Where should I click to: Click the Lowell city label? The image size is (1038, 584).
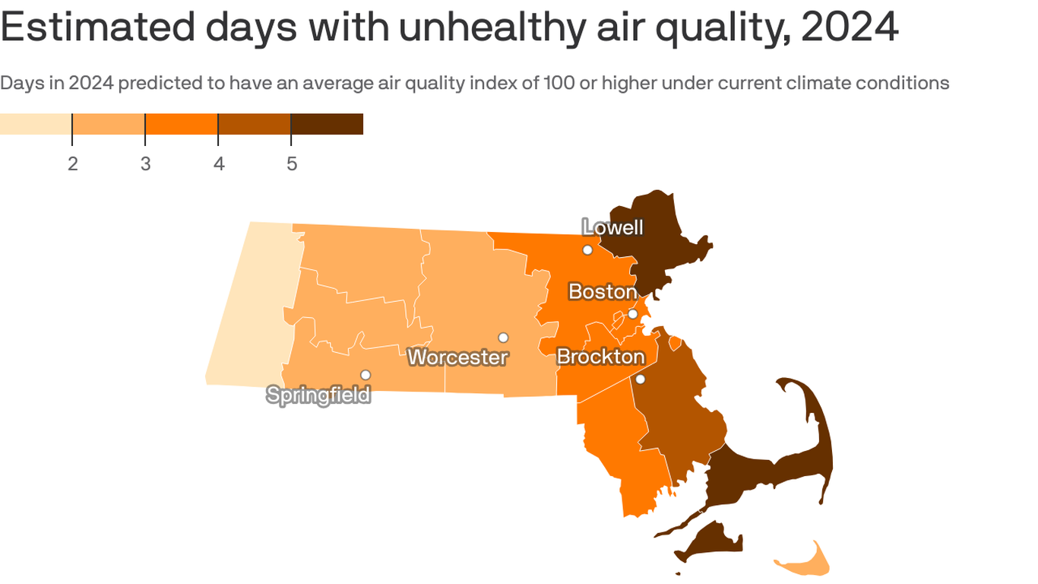click(612, 227)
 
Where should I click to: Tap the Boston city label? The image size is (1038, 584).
click(603, 291)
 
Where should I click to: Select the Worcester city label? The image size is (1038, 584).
click(457, 357)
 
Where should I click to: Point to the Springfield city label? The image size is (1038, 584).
click(318, 395)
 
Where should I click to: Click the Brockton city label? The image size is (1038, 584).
click(600, 357)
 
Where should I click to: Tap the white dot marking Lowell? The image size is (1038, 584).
click(587, 250)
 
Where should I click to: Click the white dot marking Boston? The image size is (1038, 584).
click(632, 314)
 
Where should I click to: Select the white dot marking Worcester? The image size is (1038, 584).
click(503, 338)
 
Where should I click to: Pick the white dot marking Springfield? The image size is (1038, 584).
click(366, 375)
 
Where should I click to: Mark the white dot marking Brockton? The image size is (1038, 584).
click(641, 379)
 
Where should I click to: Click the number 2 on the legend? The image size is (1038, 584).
click(72, 164)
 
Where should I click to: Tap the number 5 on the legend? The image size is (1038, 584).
click(291, 164)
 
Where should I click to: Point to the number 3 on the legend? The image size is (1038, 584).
click(145, 164)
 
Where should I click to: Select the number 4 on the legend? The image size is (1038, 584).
click(219, 164)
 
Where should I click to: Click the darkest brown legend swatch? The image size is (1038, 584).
click(327, 124)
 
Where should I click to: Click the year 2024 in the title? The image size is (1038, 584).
click(850, 27)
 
